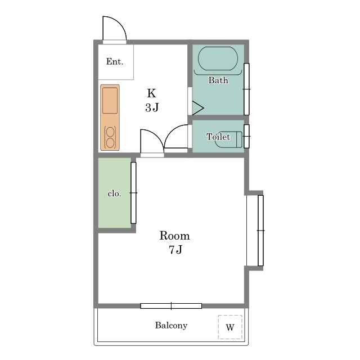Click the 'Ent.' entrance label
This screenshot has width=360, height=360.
[115, 61]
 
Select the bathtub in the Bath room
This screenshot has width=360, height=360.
[218, 58]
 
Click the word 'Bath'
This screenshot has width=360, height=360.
[218, 80]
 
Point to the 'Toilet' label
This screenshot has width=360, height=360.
[218, 137]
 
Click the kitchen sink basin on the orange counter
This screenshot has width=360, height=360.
[110, 100]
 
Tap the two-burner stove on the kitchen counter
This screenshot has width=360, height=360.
[110, 137]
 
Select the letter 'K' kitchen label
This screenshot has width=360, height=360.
[151, 93]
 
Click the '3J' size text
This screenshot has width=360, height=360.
[152, 107]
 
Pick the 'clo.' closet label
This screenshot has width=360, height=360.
[114, 193]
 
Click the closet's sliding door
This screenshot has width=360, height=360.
[133, 193]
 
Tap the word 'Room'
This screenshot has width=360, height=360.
[175, 236]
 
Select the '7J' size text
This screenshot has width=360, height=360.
[175, 250]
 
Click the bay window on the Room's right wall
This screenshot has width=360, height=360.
[260, 231]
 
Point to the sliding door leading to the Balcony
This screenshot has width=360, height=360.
[171, 306]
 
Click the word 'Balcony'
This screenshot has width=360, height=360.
[171, 325]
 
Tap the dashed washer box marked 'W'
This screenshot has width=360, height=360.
[230, 327]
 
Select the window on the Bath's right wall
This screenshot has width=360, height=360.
[246, 89]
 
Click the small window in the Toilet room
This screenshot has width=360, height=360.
[246, 136]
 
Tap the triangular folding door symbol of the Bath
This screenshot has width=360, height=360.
[198, 108]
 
